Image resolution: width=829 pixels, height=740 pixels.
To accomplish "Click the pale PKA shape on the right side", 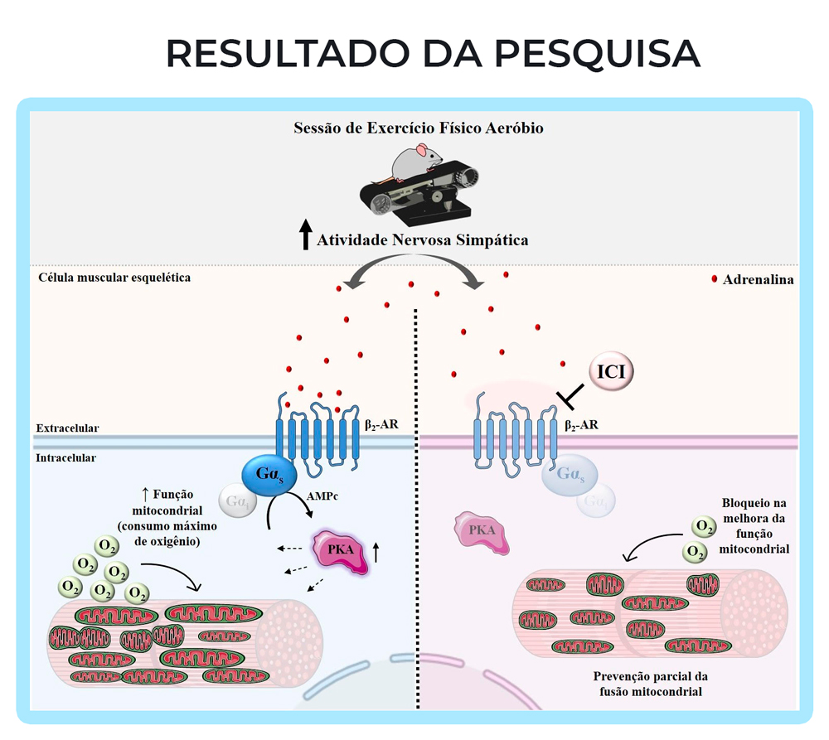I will click(482, 533).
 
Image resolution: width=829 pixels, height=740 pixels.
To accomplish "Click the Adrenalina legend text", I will click(758, 279).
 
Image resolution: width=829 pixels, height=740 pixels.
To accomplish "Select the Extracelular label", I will click(67, 428).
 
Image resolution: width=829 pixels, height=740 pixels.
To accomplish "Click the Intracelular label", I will click(65, 457).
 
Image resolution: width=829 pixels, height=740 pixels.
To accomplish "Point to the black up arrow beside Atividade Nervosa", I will click(305, 235).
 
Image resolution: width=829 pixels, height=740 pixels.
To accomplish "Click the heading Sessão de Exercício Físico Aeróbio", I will click(419, 128).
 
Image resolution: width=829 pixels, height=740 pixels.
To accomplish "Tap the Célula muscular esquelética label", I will click(114, 277).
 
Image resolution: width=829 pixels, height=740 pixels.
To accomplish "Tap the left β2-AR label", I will click(381, 423).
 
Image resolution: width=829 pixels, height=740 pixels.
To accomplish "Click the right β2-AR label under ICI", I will click(581, 425).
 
